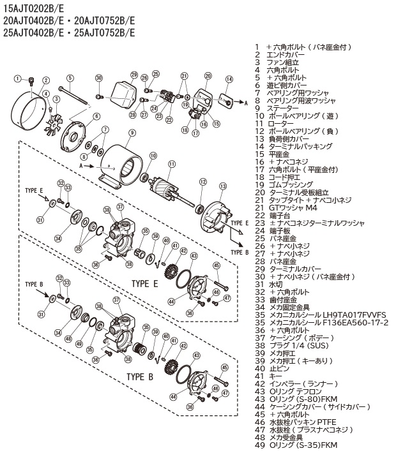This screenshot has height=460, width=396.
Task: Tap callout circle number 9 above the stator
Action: pyautogui.click(x=132, y=133)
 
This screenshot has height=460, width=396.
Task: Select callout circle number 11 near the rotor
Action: pyautogui.click(x=171, y=164)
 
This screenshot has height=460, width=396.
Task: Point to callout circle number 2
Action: pyautogui.click(x=46, y=80)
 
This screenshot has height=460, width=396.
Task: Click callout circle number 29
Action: pyautogui.click(x=134, y=74)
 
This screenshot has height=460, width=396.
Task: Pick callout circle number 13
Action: pyautogui.click(x=223, y=186)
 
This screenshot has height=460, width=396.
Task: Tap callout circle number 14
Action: pyautogui.click(x=228, y=79)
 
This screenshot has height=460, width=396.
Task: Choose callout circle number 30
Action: pyautogui.click(x=99, y=78)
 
